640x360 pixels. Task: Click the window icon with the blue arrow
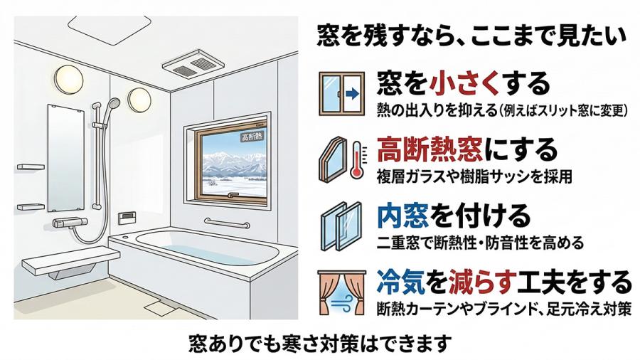pos(340,92)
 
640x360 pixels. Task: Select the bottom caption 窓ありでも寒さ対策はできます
pos(320,343)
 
